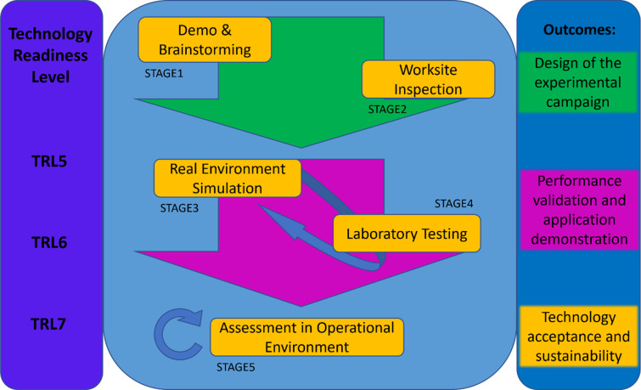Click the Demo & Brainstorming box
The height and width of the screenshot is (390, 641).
[204, 39]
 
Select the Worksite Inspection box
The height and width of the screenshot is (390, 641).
[427, 79]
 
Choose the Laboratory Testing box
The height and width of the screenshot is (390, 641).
[407, 233]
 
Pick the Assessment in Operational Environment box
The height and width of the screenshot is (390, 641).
[307, 337]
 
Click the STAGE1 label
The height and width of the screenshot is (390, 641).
[164, 74]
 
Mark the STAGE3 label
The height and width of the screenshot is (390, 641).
[179, 208]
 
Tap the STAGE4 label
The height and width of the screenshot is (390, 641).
[454, 204]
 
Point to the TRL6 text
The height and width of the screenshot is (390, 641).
[51, 242]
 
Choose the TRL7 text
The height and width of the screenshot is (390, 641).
[51, 324]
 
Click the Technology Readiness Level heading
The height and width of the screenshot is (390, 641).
[51, 55]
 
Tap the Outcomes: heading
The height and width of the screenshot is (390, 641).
[578, 30]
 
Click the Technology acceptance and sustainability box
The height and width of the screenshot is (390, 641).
[578, 336]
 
